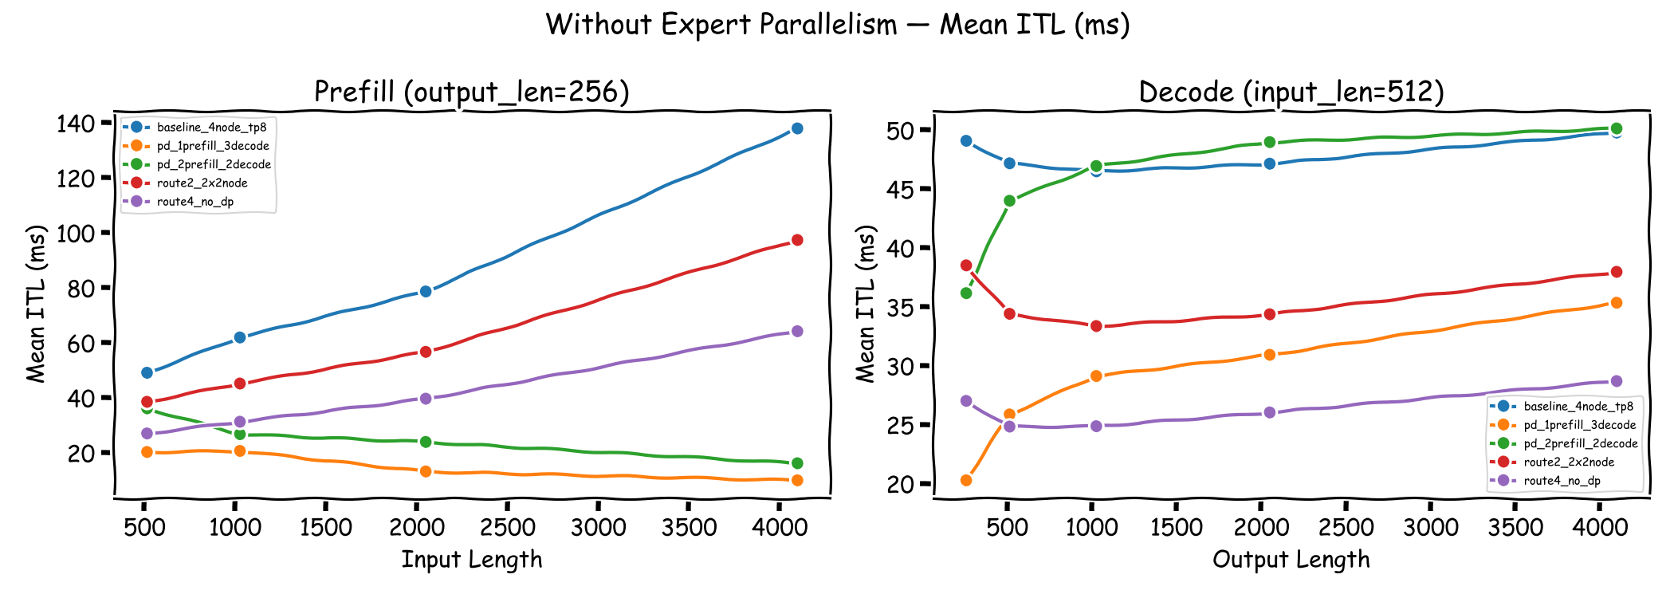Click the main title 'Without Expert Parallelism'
(837, 25)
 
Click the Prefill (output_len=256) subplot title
(472, 92)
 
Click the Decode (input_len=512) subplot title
(1291, 92)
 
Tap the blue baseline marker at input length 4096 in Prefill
(796, 128)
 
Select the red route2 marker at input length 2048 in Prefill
(426, 352)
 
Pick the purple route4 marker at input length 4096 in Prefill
(796, 331)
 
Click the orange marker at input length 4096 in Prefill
(796, 480)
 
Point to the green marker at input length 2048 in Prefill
(426, 442)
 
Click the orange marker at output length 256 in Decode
(966, 480)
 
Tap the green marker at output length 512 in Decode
(1010, 201)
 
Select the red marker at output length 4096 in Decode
(1616, 272)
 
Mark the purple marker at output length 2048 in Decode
(1270, 412)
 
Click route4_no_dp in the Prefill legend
(195, 202)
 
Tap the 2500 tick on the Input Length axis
(508, 527)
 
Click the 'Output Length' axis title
(1291, 560)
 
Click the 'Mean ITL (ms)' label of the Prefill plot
(36, 303)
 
